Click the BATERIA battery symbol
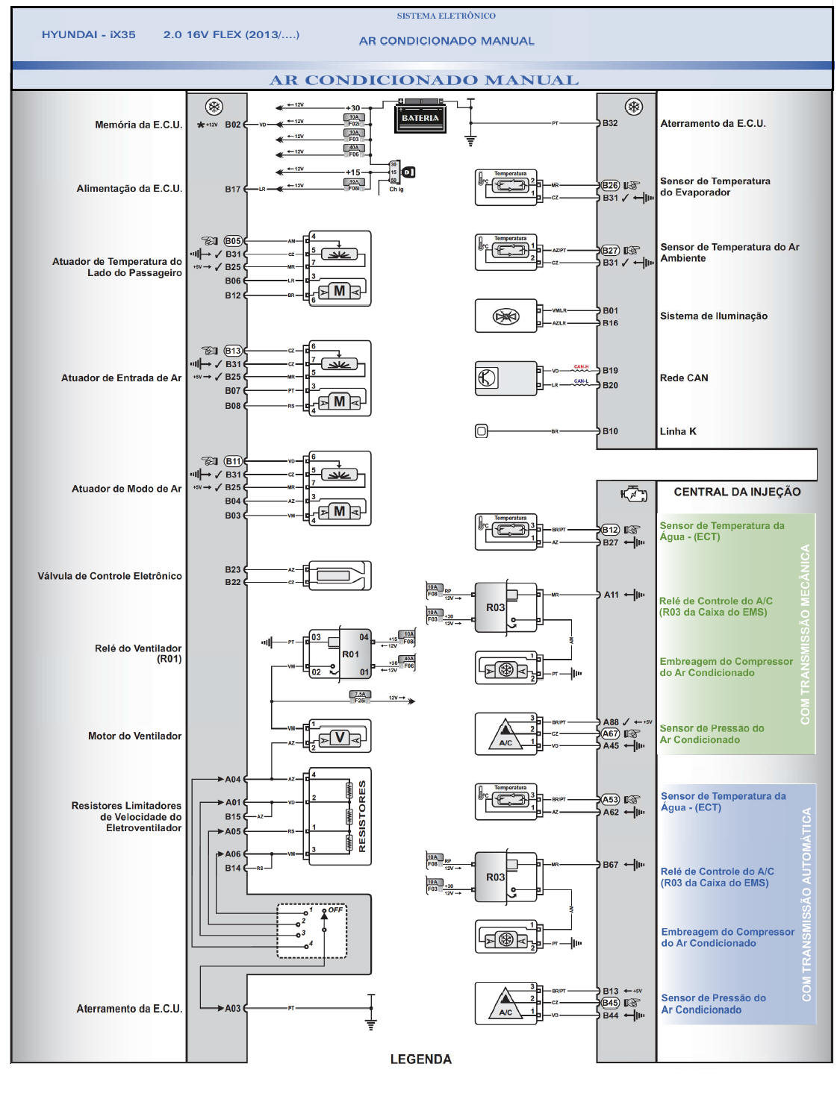[x=420, y=116]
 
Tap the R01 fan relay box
[x=351, y=654]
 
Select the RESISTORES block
[x=340, y=817]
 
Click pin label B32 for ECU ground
[x=610, y=123]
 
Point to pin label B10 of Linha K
[x=610, y=431]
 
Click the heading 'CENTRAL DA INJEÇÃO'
[x=737, y=492]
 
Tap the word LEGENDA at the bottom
[x=420, y=1059]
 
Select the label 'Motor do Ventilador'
[x=134, y=736]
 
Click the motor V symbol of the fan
[x=340, y=738]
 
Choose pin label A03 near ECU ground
[x=233, y=1009]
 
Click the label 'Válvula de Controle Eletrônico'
[x=110, y=576]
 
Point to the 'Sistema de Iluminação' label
[x=713, y=316]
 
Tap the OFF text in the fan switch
[x=336, y=910]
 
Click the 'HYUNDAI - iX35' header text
[x=89, y=35]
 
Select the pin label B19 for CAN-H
[x=610, y=371]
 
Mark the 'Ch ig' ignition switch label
[x=396, y=190]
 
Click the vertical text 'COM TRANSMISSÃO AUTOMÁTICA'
[x=806, y=904]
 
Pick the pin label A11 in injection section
[x=611, y=595]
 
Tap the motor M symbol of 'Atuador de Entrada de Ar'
[x=340, y=402]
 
